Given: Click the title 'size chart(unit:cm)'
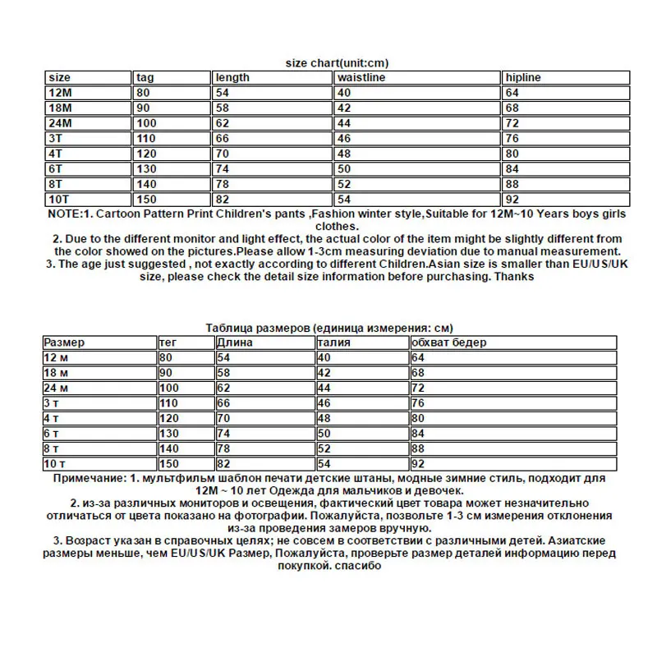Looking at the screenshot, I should tap(336, 62).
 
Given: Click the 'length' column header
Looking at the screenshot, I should tap(232, 77).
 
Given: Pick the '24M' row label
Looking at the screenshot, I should tap(61, 122).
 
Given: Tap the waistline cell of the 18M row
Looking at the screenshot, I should tap(344, 107).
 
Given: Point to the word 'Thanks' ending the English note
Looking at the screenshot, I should tap(516, 277).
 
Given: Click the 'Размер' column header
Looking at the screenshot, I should tap(64, 342).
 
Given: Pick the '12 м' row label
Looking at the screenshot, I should tap(58, 357).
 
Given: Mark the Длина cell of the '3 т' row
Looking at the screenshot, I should tap(223, 402).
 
